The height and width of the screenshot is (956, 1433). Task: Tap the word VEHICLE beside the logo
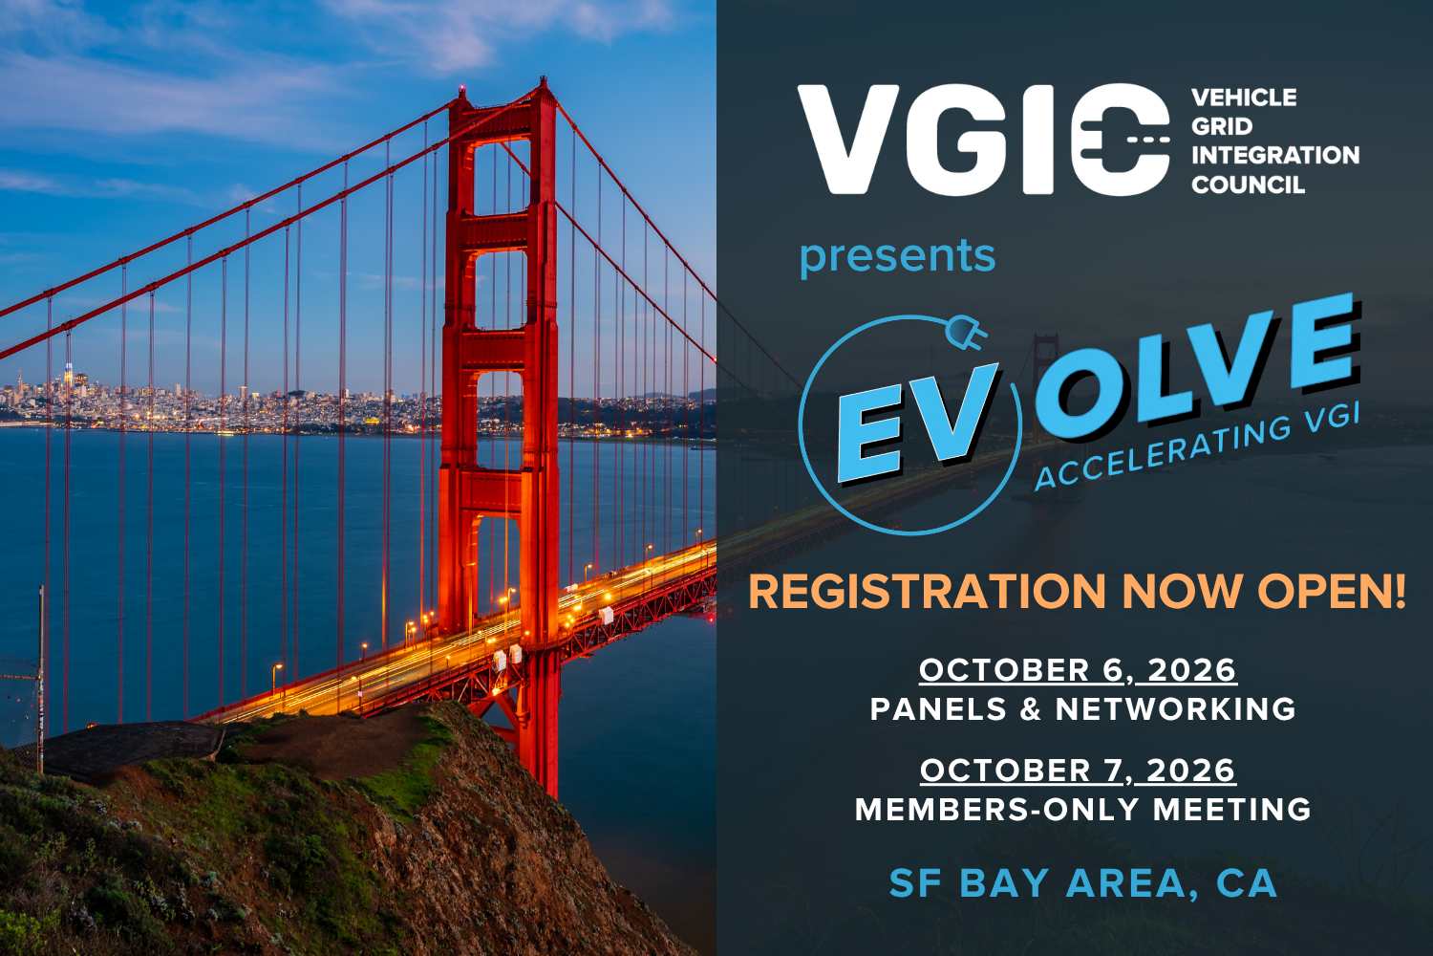point(1244,98)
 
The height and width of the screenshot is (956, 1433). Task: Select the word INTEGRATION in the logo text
point(1275,155)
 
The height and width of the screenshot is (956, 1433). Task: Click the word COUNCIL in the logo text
point(1248,185)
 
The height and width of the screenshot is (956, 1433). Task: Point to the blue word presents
point(897,256)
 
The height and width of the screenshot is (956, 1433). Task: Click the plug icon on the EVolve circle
point(965,333)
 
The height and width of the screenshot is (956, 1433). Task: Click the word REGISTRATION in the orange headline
point(927,592)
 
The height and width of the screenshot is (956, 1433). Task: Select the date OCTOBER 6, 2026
point(1078,670)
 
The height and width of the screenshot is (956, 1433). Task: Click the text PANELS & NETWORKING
point(1083,709)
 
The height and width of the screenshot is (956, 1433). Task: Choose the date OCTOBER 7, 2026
point(1078,771)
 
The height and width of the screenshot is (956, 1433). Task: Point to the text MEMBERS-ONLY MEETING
point(1083,810)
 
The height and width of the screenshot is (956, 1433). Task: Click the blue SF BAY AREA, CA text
point(1083,883)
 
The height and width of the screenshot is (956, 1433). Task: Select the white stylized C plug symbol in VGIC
point(1120,140)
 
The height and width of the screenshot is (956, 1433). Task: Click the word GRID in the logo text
point(1221,126)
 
